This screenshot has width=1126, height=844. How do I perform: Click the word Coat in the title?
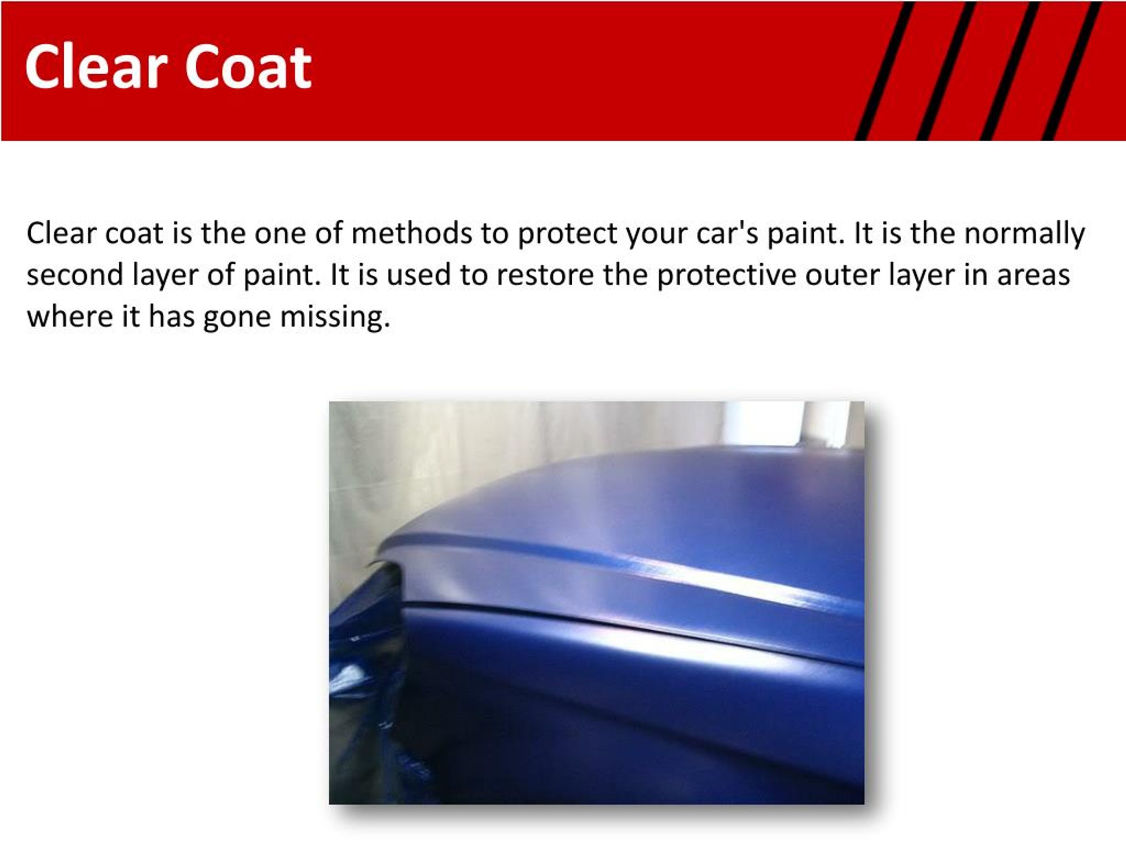pos(248,67)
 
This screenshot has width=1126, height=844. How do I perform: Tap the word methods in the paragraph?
pos(411,233)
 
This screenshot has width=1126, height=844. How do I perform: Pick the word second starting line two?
pos(75,275)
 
